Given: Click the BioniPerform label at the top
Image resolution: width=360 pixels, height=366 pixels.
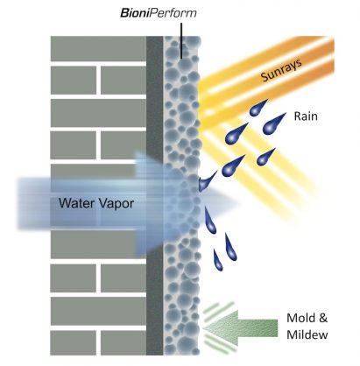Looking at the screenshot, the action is click(x=159, y=13).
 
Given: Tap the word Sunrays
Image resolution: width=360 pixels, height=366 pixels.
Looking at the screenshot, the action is click(x=281, y=70).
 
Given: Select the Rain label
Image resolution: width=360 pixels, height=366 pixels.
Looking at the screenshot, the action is click(x=306, y=116).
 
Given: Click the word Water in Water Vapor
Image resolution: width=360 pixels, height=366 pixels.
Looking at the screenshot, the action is click(x=75, y=203).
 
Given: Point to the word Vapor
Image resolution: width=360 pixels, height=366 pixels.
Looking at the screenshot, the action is click(x=115, y=204).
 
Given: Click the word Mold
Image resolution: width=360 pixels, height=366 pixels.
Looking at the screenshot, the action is click(x=301, y=318).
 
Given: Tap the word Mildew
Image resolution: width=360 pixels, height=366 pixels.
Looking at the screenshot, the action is click(x=307, y=334).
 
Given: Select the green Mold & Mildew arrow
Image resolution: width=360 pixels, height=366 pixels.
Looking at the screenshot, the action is click(x=240, y=328).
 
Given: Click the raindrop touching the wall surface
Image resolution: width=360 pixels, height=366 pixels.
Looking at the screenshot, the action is click(x=208, y=181).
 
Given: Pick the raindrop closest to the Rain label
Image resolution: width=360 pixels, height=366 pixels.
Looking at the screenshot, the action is click(x=273, y=124).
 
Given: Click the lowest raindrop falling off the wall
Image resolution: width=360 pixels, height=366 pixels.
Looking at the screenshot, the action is click(x=218, y=260).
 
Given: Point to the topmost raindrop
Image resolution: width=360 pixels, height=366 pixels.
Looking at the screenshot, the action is click(x=258, y=108).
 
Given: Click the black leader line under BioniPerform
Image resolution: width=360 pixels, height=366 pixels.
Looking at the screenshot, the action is click(x=181, y=41).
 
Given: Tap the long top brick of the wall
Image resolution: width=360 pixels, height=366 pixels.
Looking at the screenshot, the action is click(x=98, y=49).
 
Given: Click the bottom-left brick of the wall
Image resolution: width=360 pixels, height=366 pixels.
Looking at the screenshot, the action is click(x=74, y=342).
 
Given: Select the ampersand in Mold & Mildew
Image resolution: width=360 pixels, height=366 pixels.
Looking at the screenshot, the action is click(x=323, y=318).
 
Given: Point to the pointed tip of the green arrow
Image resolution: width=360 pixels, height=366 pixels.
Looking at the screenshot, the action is click(x=203, y=328).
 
